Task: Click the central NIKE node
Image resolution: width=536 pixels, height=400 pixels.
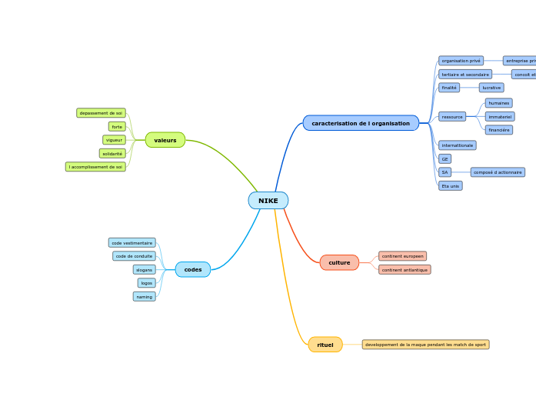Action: (268, 201)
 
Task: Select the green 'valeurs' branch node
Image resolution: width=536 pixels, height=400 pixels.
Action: (165, 140)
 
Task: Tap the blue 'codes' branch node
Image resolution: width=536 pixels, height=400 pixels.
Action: (192, 269)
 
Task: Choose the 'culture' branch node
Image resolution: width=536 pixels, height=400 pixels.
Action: (339, 262)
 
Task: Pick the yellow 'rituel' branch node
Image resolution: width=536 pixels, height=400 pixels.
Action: (325, 345)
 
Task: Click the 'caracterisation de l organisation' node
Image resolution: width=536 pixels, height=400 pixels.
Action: (361, 123)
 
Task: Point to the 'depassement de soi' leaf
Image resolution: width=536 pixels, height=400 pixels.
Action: (101, 113)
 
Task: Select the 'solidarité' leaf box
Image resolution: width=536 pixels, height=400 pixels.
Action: (112, 153)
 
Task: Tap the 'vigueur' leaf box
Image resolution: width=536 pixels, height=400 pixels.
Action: (114, 140)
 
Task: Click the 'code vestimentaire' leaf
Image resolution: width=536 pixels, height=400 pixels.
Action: (132, 243)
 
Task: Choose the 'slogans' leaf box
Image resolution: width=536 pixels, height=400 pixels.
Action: (144, 270)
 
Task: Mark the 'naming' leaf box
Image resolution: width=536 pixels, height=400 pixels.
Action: (144, 296)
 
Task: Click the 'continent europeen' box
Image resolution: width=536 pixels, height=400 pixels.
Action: (402, 256)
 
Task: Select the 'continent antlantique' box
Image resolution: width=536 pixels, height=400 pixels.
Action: (404, 270)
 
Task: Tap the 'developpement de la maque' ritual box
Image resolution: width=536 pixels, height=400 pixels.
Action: (425, 345)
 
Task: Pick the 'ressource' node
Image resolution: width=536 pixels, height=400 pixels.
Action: (452, 117)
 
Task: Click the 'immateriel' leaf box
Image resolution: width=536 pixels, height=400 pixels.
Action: (500, 117)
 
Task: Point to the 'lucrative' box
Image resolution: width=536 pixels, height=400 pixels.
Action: (491, 88)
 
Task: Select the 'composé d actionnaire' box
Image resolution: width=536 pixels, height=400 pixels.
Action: (498, 172)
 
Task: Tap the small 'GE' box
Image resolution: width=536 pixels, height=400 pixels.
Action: (444, 159)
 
